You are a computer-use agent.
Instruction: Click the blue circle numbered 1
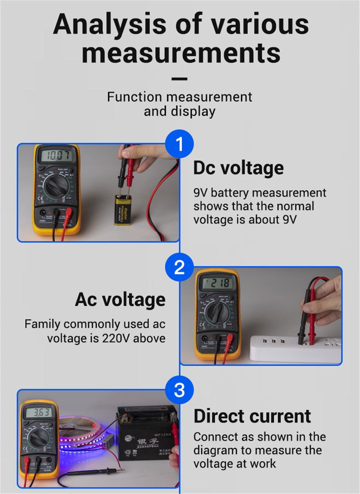click(179, 144)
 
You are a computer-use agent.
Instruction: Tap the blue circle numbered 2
click(179, 267)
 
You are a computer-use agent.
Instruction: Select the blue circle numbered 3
click(179, 390)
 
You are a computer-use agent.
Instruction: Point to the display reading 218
click(217, 283)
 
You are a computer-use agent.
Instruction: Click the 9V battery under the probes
click(121, 209)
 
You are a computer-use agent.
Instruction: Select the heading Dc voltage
click(238, 168)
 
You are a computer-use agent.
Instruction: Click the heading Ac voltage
click(120, 299)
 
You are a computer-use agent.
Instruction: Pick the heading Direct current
click(252, 416)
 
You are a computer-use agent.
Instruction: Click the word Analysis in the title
click(110, 24)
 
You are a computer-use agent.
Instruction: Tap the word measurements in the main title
click(181, 53)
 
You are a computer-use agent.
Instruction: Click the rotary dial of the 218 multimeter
click(216, 312)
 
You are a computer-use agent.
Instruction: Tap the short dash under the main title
click(179, 79)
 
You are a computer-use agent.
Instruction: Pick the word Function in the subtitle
click(134, 97)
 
